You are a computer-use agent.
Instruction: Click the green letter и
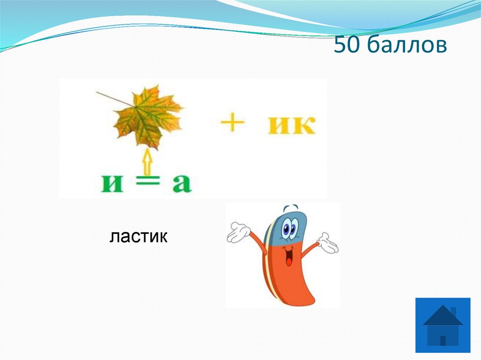(x=112, y=184)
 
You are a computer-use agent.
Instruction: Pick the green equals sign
(x=146, y=184)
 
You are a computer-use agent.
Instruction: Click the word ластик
(x=139, y=237)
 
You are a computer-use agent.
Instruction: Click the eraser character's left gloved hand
(x=239, y=233)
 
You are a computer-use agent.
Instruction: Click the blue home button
(x=442, y=325)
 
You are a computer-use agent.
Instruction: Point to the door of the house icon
(x=442, y=340)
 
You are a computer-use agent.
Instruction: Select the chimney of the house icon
(x=453, y=312)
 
